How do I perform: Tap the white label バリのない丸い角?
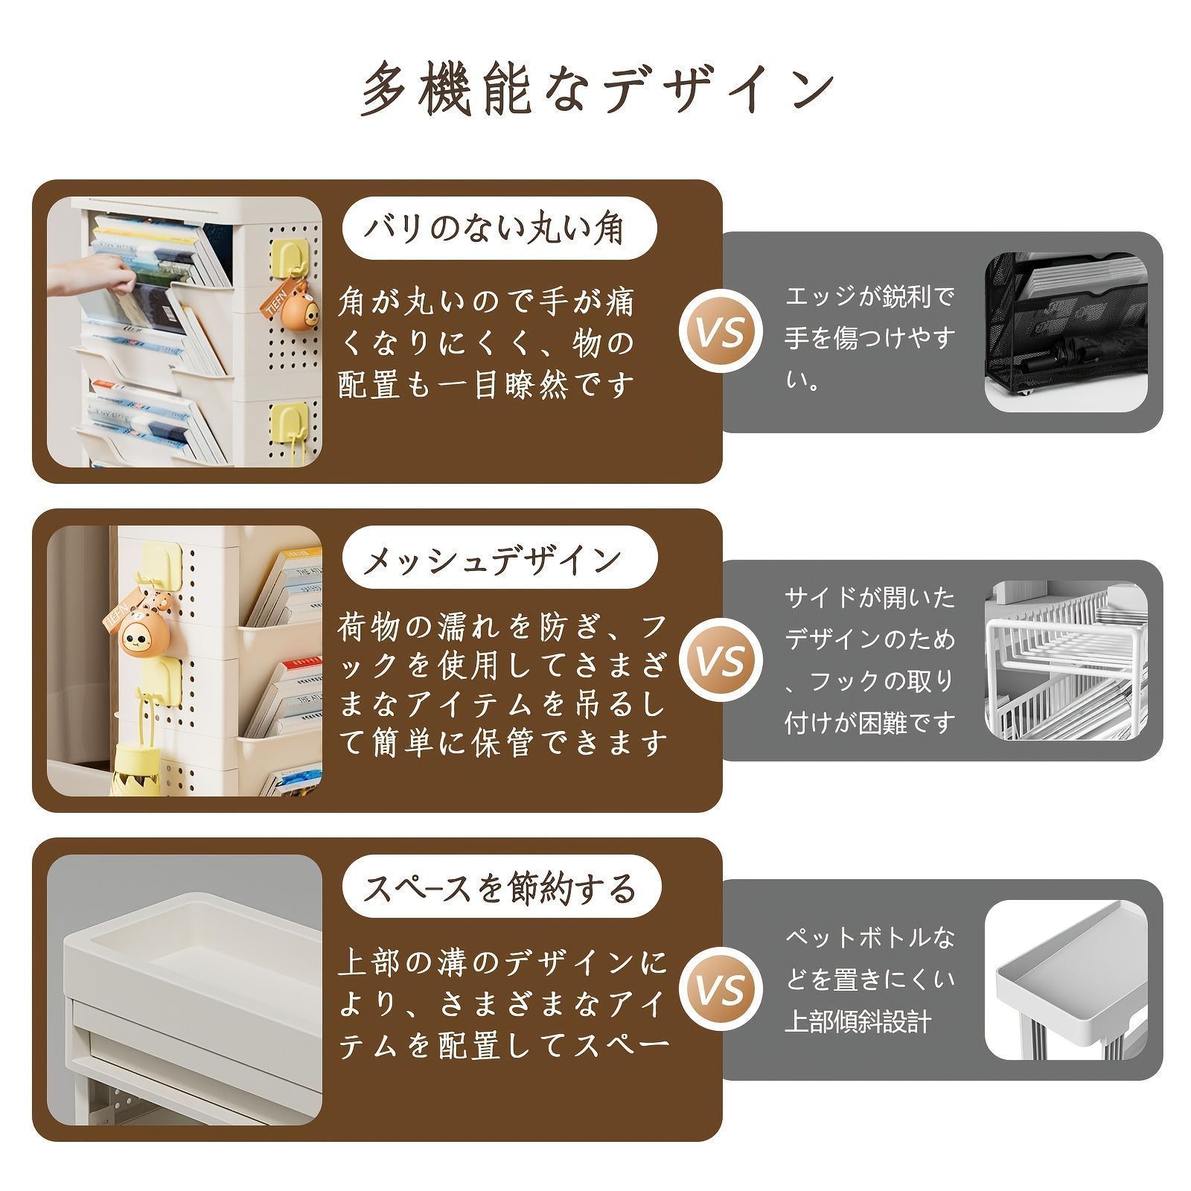(x=499, y=228)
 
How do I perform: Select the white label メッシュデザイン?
(x=499, y=558)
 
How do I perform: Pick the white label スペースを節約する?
(x=502, y=888)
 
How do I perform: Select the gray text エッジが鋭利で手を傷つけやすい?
(x=869, y=339)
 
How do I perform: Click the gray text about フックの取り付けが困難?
(x=869, y=660)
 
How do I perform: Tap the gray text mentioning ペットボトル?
(x=869, y=980)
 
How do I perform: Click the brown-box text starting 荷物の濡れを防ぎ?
(x=502, y=686)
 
